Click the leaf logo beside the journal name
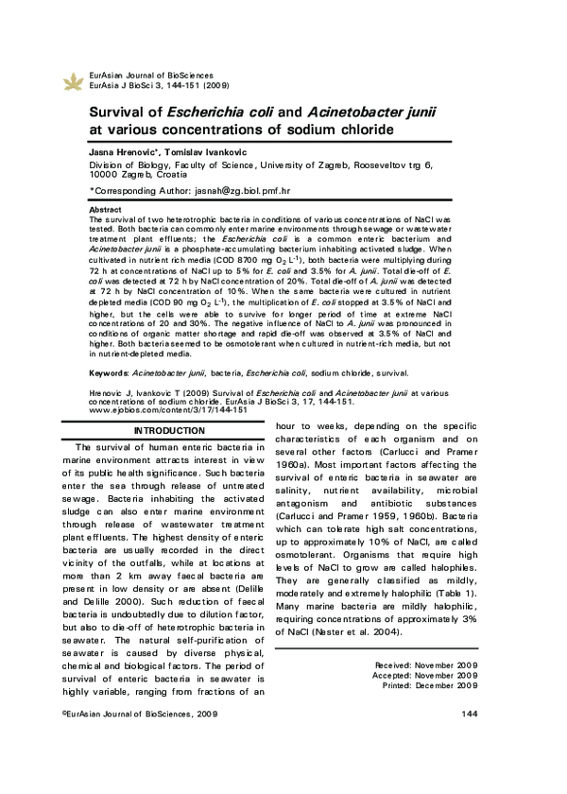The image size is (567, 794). click(72, 81)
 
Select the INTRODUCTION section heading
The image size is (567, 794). click(168, 431)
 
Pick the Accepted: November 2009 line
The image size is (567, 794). click(426, 678)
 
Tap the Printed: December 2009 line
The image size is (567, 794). click(428, 687)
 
